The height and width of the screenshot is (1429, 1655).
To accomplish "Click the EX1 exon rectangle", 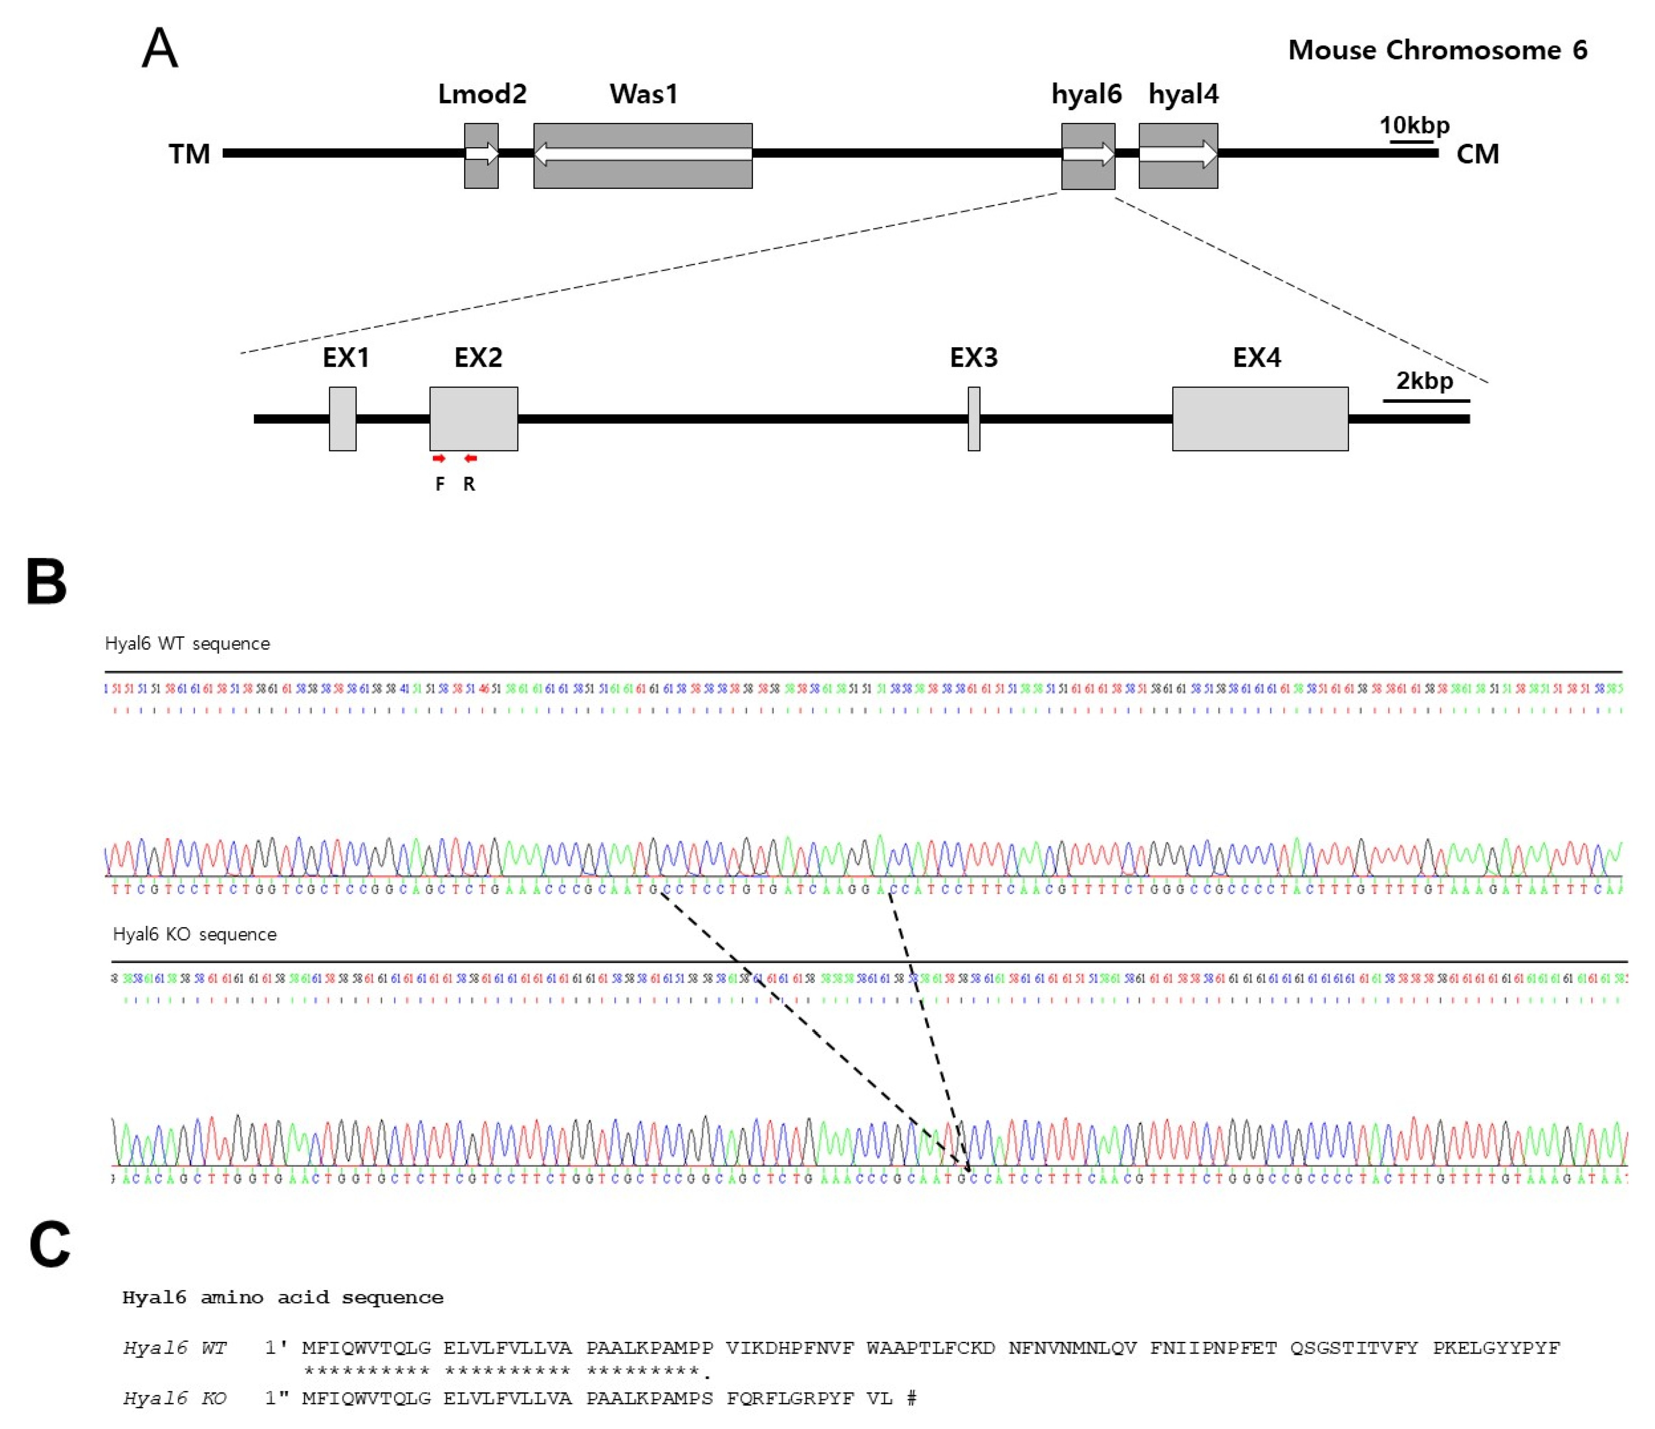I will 343,419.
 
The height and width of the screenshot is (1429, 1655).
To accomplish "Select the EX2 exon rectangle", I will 474,419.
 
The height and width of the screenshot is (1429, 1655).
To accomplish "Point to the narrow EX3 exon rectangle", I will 974,419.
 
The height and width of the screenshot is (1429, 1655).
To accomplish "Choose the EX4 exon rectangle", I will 1260,419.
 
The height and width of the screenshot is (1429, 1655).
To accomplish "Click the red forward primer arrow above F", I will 438,458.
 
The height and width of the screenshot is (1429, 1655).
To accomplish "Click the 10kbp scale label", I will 1414,126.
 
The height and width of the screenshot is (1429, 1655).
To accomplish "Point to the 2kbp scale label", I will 1424,380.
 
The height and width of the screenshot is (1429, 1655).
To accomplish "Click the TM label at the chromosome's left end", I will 189,154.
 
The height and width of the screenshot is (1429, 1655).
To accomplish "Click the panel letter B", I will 46,582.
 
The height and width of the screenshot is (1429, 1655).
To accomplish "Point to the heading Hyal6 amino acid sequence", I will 282,1297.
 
